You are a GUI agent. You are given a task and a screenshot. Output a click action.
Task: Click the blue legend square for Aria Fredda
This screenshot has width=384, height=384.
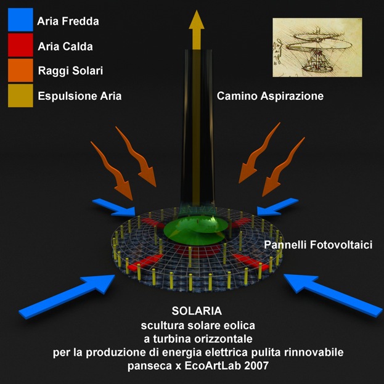(20, 20)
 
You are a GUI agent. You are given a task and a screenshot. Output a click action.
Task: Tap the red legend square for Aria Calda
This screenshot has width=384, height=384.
(20, 45)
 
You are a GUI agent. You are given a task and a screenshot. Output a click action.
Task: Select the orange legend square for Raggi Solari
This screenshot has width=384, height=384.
(20, 70)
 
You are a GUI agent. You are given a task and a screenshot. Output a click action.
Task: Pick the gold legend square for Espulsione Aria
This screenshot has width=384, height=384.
(20, 96)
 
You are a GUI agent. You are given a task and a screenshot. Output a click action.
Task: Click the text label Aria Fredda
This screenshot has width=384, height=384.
(68, 22)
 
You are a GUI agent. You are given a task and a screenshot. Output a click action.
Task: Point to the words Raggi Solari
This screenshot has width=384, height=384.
(70, 71)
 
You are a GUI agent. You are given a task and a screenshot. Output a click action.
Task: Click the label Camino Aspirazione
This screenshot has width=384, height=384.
(270, 96)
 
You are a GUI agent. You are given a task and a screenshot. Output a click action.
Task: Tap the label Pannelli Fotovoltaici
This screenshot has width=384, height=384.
(318, 245)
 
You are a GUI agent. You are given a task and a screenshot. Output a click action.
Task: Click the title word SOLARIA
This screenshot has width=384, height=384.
(197, 311)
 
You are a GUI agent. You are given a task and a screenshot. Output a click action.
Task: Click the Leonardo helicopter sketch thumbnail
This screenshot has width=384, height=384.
(317, 47)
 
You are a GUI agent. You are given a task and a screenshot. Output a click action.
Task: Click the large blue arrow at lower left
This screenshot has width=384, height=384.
(67, 296)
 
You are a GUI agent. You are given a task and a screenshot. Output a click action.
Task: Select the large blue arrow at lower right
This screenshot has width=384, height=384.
(333, 295)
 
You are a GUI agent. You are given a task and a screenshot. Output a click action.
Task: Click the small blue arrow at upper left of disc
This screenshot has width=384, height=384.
(114, 208)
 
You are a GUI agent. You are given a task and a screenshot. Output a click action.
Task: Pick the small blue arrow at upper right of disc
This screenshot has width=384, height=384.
(277, 207)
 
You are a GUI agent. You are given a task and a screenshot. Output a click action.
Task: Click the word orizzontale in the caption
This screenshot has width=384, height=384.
(223, 339)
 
